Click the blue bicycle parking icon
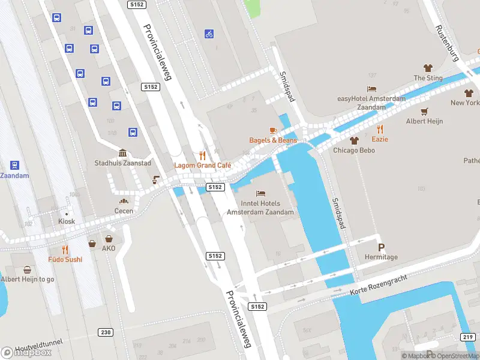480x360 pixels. (x=209, y=34)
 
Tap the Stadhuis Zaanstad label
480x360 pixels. (x=122, y=163)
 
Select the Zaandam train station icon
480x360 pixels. (x=14, y=165)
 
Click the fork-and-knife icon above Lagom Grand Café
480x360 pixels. (x=202, y=154)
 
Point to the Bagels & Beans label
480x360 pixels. (x=273, y=140)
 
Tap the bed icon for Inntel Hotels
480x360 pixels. (x=260, y=193)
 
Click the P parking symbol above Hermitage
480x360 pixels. (x=381, y=247)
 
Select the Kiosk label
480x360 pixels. (x=67, y=221)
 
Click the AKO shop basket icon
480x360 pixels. (x=92, y=244)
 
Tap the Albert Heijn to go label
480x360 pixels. (x=27, y=279)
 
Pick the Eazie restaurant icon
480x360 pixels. (x=380, y=128)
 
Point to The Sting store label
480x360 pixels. (x=428, y=78)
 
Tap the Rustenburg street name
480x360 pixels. (x=446, y=44)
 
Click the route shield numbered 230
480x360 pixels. (x=106, y=332)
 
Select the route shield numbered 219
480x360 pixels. (x=469, y=337)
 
